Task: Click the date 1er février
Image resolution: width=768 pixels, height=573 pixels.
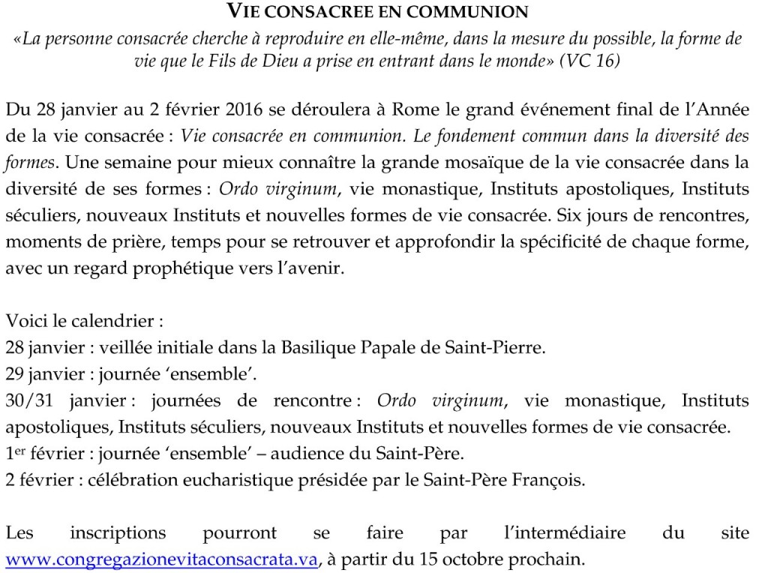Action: (41, 454)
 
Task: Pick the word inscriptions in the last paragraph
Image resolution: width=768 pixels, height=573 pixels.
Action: (118, 533)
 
